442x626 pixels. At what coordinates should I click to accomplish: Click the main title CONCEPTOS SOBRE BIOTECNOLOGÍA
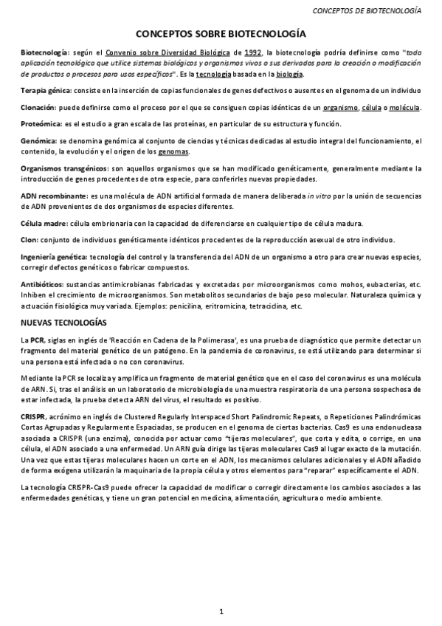point(221,34)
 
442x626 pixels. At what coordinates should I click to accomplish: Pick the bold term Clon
point(29,241)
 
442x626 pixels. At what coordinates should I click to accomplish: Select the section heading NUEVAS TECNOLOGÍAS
point(63,323)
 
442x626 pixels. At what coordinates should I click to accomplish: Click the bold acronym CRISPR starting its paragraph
point(35,417)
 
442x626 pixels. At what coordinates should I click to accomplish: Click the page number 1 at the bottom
point(221,611)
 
